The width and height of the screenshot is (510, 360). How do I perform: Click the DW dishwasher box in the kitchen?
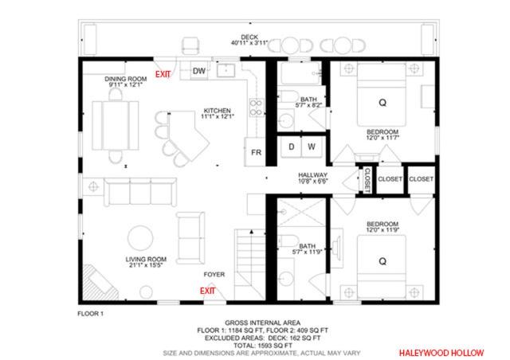click(198, 71)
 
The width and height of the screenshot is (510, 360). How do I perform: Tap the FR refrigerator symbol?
click(255, 152)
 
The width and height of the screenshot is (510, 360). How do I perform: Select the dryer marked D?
click(291, 147)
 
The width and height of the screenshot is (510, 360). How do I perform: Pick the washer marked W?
click(312, 147)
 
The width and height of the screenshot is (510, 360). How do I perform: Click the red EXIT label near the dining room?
click(163, 75)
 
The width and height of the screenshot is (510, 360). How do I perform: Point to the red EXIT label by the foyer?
click(207, 291)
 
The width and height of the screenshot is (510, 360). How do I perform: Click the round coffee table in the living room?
click(140, 238)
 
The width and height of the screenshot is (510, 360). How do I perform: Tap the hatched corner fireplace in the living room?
click(99, 282)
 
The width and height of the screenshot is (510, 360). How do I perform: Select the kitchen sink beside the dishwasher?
click(226, 70)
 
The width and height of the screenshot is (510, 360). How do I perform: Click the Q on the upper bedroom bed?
click(382, 103)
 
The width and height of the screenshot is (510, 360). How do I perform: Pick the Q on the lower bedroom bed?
click(382, 261)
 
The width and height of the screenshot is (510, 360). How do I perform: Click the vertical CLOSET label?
click(367, 180)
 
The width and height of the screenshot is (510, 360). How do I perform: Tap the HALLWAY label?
click(312, 175)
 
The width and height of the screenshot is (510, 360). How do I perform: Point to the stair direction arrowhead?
click(252, 232)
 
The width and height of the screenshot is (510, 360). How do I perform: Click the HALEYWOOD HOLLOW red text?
click(441, 353)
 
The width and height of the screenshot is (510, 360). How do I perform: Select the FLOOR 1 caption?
click(90, 314)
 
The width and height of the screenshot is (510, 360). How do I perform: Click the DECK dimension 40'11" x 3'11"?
click(249, 42)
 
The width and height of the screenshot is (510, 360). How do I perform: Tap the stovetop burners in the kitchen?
click(256, 108)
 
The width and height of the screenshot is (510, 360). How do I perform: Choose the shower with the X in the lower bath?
click(301, 213)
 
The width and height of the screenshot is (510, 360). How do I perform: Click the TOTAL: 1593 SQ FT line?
click(262, 346)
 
